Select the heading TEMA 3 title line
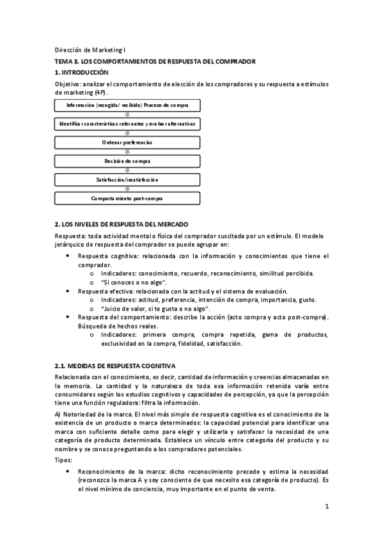click(155, 61)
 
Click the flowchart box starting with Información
click(128, 104)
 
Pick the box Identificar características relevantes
click(128, 123)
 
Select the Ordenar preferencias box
click(128, 142)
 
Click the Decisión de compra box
click(128, 161)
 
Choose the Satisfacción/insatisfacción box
click(128, 180)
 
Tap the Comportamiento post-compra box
click(128, 199)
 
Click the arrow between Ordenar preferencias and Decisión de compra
click(128, 151)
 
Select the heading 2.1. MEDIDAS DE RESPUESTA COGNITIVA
click(115, 366)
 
